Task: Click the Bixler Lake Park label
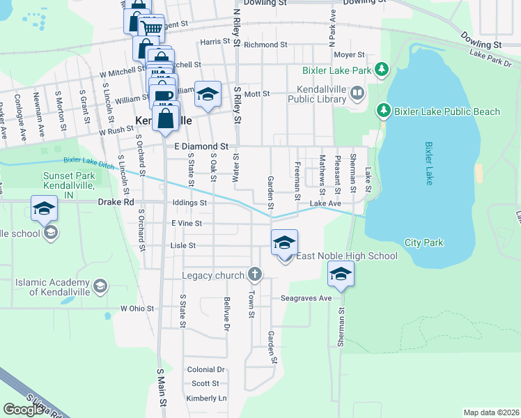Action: tap(336, 71)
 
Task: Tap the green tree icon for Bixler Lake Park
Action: tap(382, 70)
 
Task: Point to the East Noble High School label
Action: tap(347, 256)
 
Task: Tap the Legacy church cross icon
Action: tap(255, 274)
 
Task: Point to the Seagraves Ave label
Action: tap(306, 297)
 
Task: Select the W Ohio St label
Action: tap(137, 308)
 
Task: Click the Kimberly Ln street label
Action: tap(206, 398)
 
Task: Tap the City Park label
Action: tap(423, 243)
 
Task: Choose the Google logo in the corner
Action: tap(24, 410)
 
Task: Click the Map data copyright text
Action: tap(491, 412)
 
